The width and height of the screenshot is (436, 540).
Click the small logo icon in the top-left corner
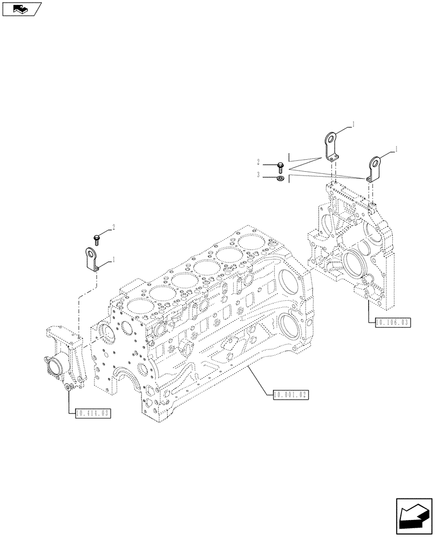coord(22,9)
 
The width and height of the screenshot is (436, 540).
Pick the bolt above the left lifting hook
coord(97,237)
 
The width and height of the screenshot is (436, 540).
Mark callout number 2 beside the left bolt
coord(113,227)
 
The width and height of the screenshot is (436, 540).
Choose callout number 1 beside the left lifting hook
coord(114,260)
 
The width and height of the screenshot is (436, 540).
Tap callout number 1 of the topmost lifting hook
coord(353,124)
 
